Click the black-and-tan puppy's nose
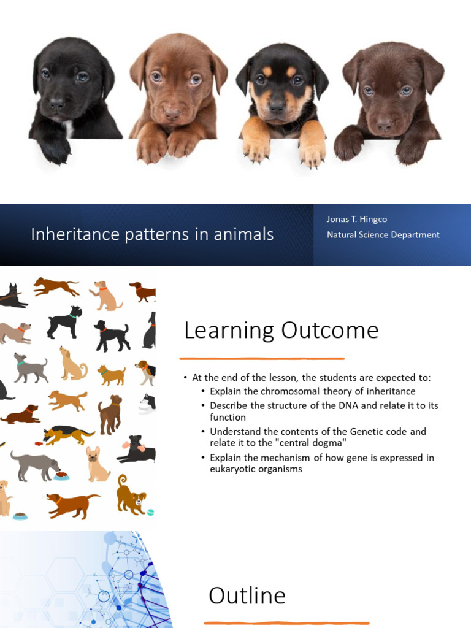tap(277, 106)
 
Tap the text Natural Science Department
tap(383, 234)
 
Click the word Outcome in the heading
tap(330, 331)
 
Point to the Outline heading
tap(247, 595)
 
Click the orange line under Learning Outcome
tap(262, 359)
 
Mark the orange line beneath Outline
tap(287, 623)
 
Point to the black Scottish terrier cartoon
tap(64, 321)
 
